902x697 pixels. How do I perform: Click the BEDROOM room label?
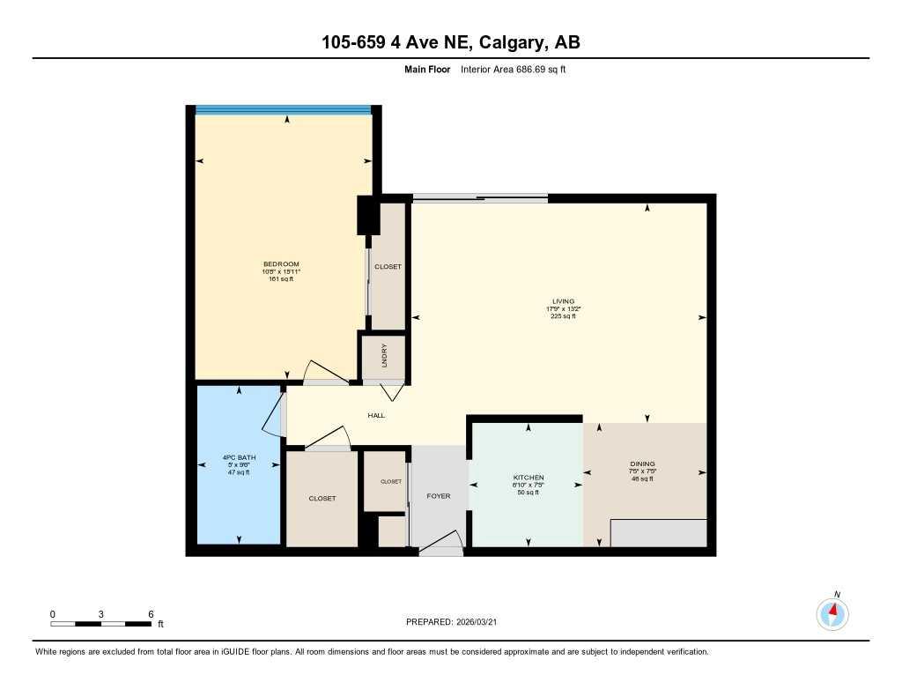pos(281,264)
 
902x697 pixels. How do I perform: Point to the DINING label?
pos(642,464)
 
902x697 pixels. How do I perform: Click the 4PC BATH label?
pos(236,457)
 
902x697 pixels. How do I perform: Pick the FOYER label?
pos(438,496)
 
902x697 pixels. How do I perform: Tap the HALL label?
pos(376,416)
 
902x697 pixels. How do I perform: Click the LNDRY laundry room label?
pos(384,357)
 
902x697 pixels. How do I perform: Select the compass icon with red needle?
pos(832,612)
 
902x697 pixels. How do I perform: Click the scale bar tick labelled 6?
pos(152,614)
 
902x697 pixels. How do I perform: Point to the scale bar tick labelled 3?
pos(101,614)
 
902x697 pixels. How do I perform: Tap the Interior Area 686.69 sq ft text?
pos(513,69)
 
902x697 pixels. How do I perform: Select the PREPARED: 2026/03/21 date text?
pos(456,622)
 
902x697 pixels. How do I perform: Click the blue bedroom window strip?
pos(283,110)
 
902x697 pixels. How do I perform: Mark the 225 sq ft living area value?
pos(562,316)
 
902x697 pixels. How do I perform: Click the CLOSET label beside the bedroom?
pos(388,266)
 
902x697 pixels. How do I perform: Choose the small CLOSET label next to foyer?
pos(390,482)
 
